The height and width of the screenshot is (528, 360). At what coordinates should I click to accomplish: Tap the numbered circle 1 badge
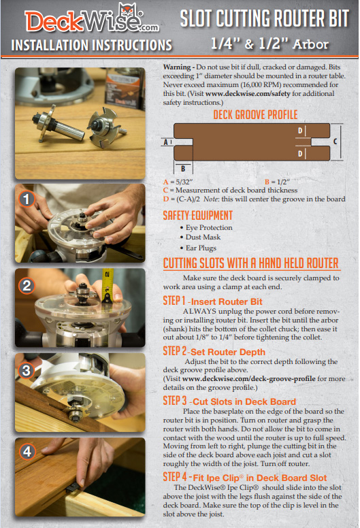tap(27, 199)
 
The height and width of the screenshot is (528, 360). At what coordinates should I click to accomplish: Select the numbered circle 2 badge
tap(27, 286)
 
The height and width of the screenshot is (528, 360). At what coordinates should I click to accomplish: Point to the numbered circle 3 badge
tap(27, 370)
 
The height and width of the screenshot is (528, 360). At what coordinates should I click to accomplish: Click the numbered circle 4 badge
tap(27, 451)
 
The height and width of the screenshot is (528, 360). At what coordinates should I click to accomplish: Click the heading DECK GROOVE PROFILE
tap(255, 115)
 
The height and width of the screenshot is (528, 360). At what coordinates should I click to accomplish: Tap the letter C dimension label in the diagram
tap(335, 142)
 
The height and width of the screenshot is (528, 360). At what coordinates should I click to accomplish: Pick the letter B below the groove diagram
tap(183, 168)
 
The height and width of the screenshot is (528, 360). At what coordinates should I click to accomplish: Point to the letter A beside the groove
tap(165, 142)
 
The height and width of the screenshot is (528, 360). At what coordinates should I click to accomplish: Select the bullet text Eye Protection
tap(209, 228)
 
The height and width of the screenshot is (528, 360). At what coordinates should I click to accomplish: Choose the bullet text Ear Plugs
tap(201, 248)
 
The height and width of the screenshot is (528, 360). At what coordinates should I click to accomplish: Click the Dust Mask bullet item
tap(203, 237)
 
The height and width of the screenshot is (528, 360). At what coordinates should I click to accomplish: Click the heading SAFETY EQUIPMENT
tap(197, 216)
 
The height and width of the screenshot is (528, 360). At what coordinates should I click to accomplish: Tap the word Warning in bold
tap(177, 67)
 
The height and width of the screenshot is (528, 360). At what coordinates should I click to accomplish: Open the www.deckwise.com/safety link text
tap(248, 94)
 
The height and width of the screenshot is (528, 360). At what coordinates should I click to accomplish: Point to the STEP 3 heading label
tap(175, 401)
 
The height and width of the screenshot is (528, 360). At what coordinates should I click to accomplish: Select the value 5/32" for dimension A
tap(184, 182)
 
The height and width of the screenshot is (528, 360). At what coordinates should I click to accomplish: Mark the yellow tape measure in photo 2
tap(108, 286)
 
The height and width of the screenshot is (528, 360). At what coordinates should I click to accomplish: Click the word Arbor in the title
tap(310, 44)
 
